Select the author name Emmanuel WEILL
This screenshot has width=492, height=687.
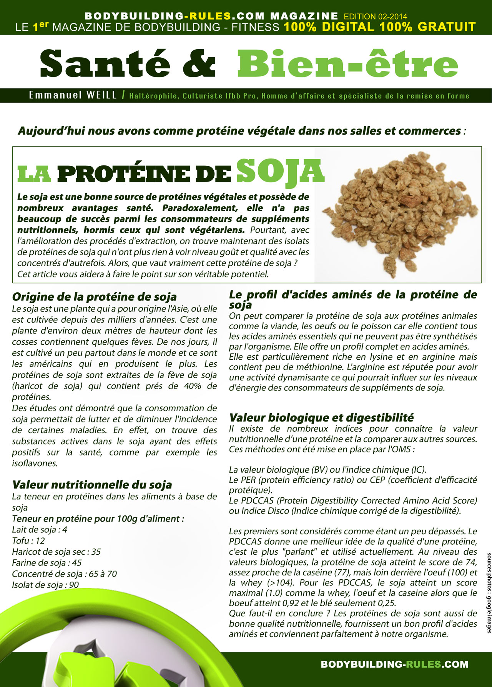(x=73, y=95)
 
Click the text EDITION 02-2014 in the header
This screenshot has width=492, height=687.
(x=375, y=17)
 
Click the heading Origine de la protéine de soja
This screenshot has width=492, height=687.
(x=94, y=297)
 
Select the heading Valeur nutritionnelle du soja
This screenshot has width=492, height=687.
(x=92, y=484)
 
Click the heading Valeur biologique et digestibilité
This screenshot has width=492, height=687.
(x=321, y=417)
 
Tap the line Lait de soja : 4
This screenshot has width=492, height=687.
(x=40, y=530)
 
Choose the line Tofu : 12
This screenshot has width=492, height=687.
(x=28, y=540)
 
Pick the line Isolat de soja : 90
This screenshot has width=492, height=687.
(x=45, y=585)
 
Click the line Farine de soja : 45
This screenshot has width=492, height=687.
(x=47, y=563)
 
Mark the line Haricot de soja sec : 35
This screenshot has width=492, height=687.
(x=56, y=552)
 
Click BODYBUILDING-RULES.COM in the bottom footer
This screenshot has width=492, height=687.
(x=394, y=664)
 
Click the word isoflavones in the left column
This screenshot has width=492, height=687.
(x=35, y=463)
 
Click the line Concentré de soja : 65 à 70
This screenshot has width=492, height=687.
(x=64, y=574)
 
